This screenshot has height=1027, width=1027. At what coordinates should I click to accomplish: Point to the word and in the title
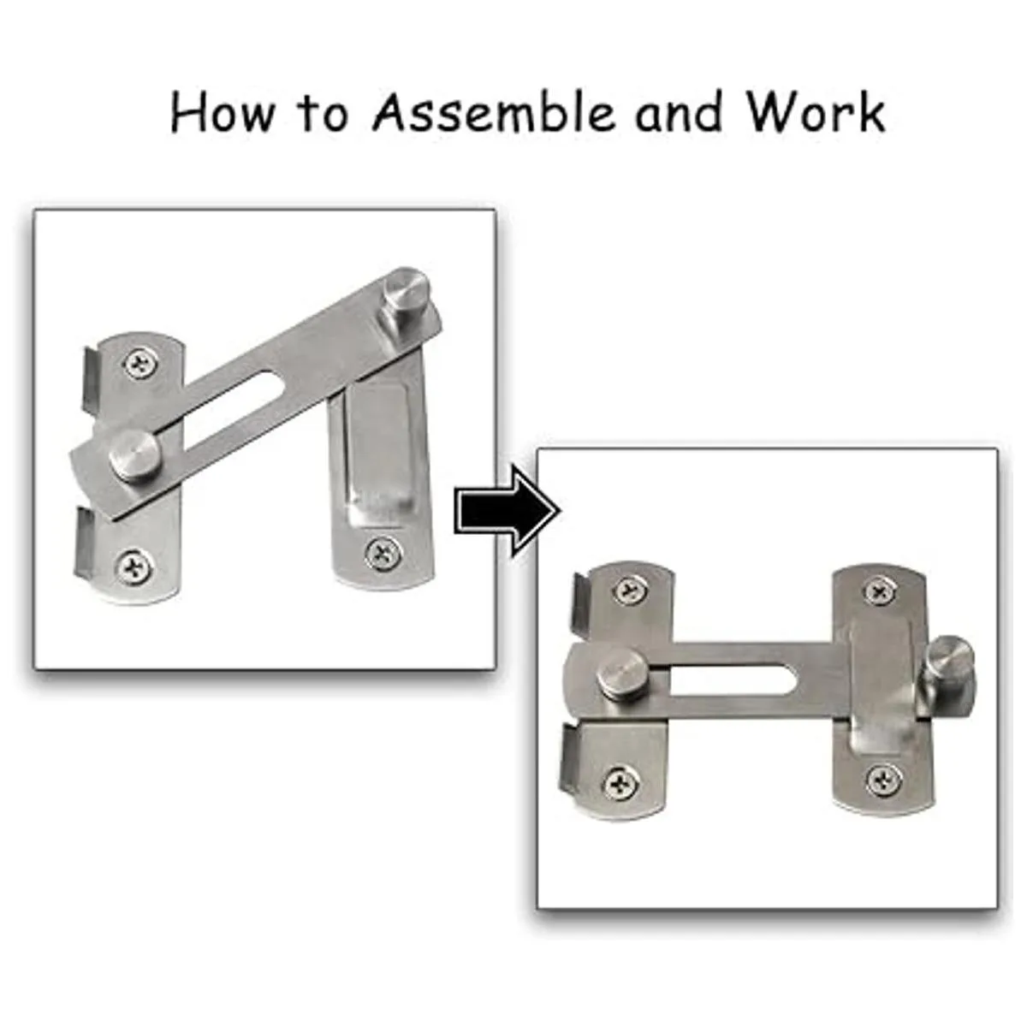click(x=678, y=112)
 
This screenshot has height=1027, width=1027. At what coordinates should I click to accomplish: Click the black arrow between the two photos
click(x=508, y=511)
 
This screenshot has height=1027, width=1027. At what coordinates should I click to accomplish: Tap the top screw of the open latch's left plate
click(x=142, y=364)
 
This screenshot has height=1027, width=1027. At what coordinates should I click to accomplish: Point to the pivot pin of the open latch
click(x=134, y=454)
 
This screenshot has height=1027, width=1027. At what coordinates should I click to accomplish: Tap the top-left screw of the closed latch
click(x=631, y=590)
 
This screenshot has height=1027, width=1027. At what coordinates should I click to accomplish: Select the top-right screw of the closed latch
click(x=880, y=590)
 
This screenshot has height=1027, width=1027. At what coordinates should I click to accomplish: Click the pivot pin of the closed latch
click(x=621, y=674)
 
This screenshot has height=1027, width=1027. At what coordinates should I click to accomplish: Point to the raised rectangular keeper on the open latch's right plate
click(x=379, y=447)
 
